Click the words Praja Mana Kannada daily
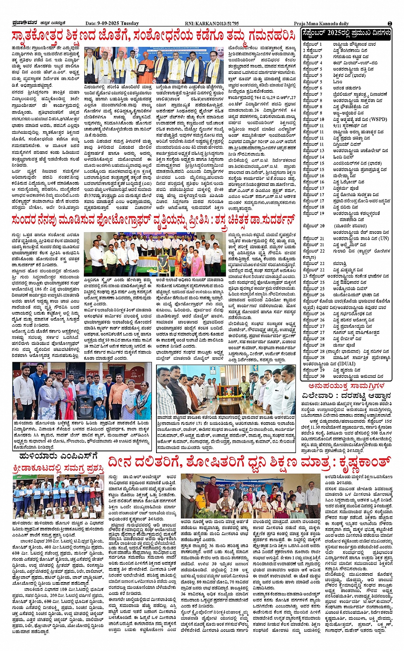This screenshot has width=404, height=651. tap(321, 24)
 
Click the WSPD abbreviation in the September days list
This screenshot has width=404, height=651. tap(377, 119)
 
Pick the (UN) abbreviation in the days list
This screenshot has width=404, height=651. tap(383, 239)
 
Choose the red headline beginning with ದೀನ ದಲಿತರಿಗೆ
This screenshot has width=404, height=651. tap(250, 462)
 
